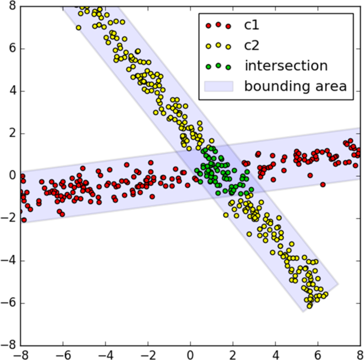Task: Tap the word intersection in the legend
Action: (x=286, y=66)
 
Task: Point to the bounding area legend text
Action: (x=295, y=86)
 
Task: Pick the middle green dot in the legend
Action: (x=218, y=66)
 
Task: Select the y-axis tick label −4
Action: (x=9, y=261)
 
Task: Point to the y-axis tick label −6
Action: (x=9, y=304)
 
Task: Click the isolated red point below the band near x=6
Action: (x=323, y=185)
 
